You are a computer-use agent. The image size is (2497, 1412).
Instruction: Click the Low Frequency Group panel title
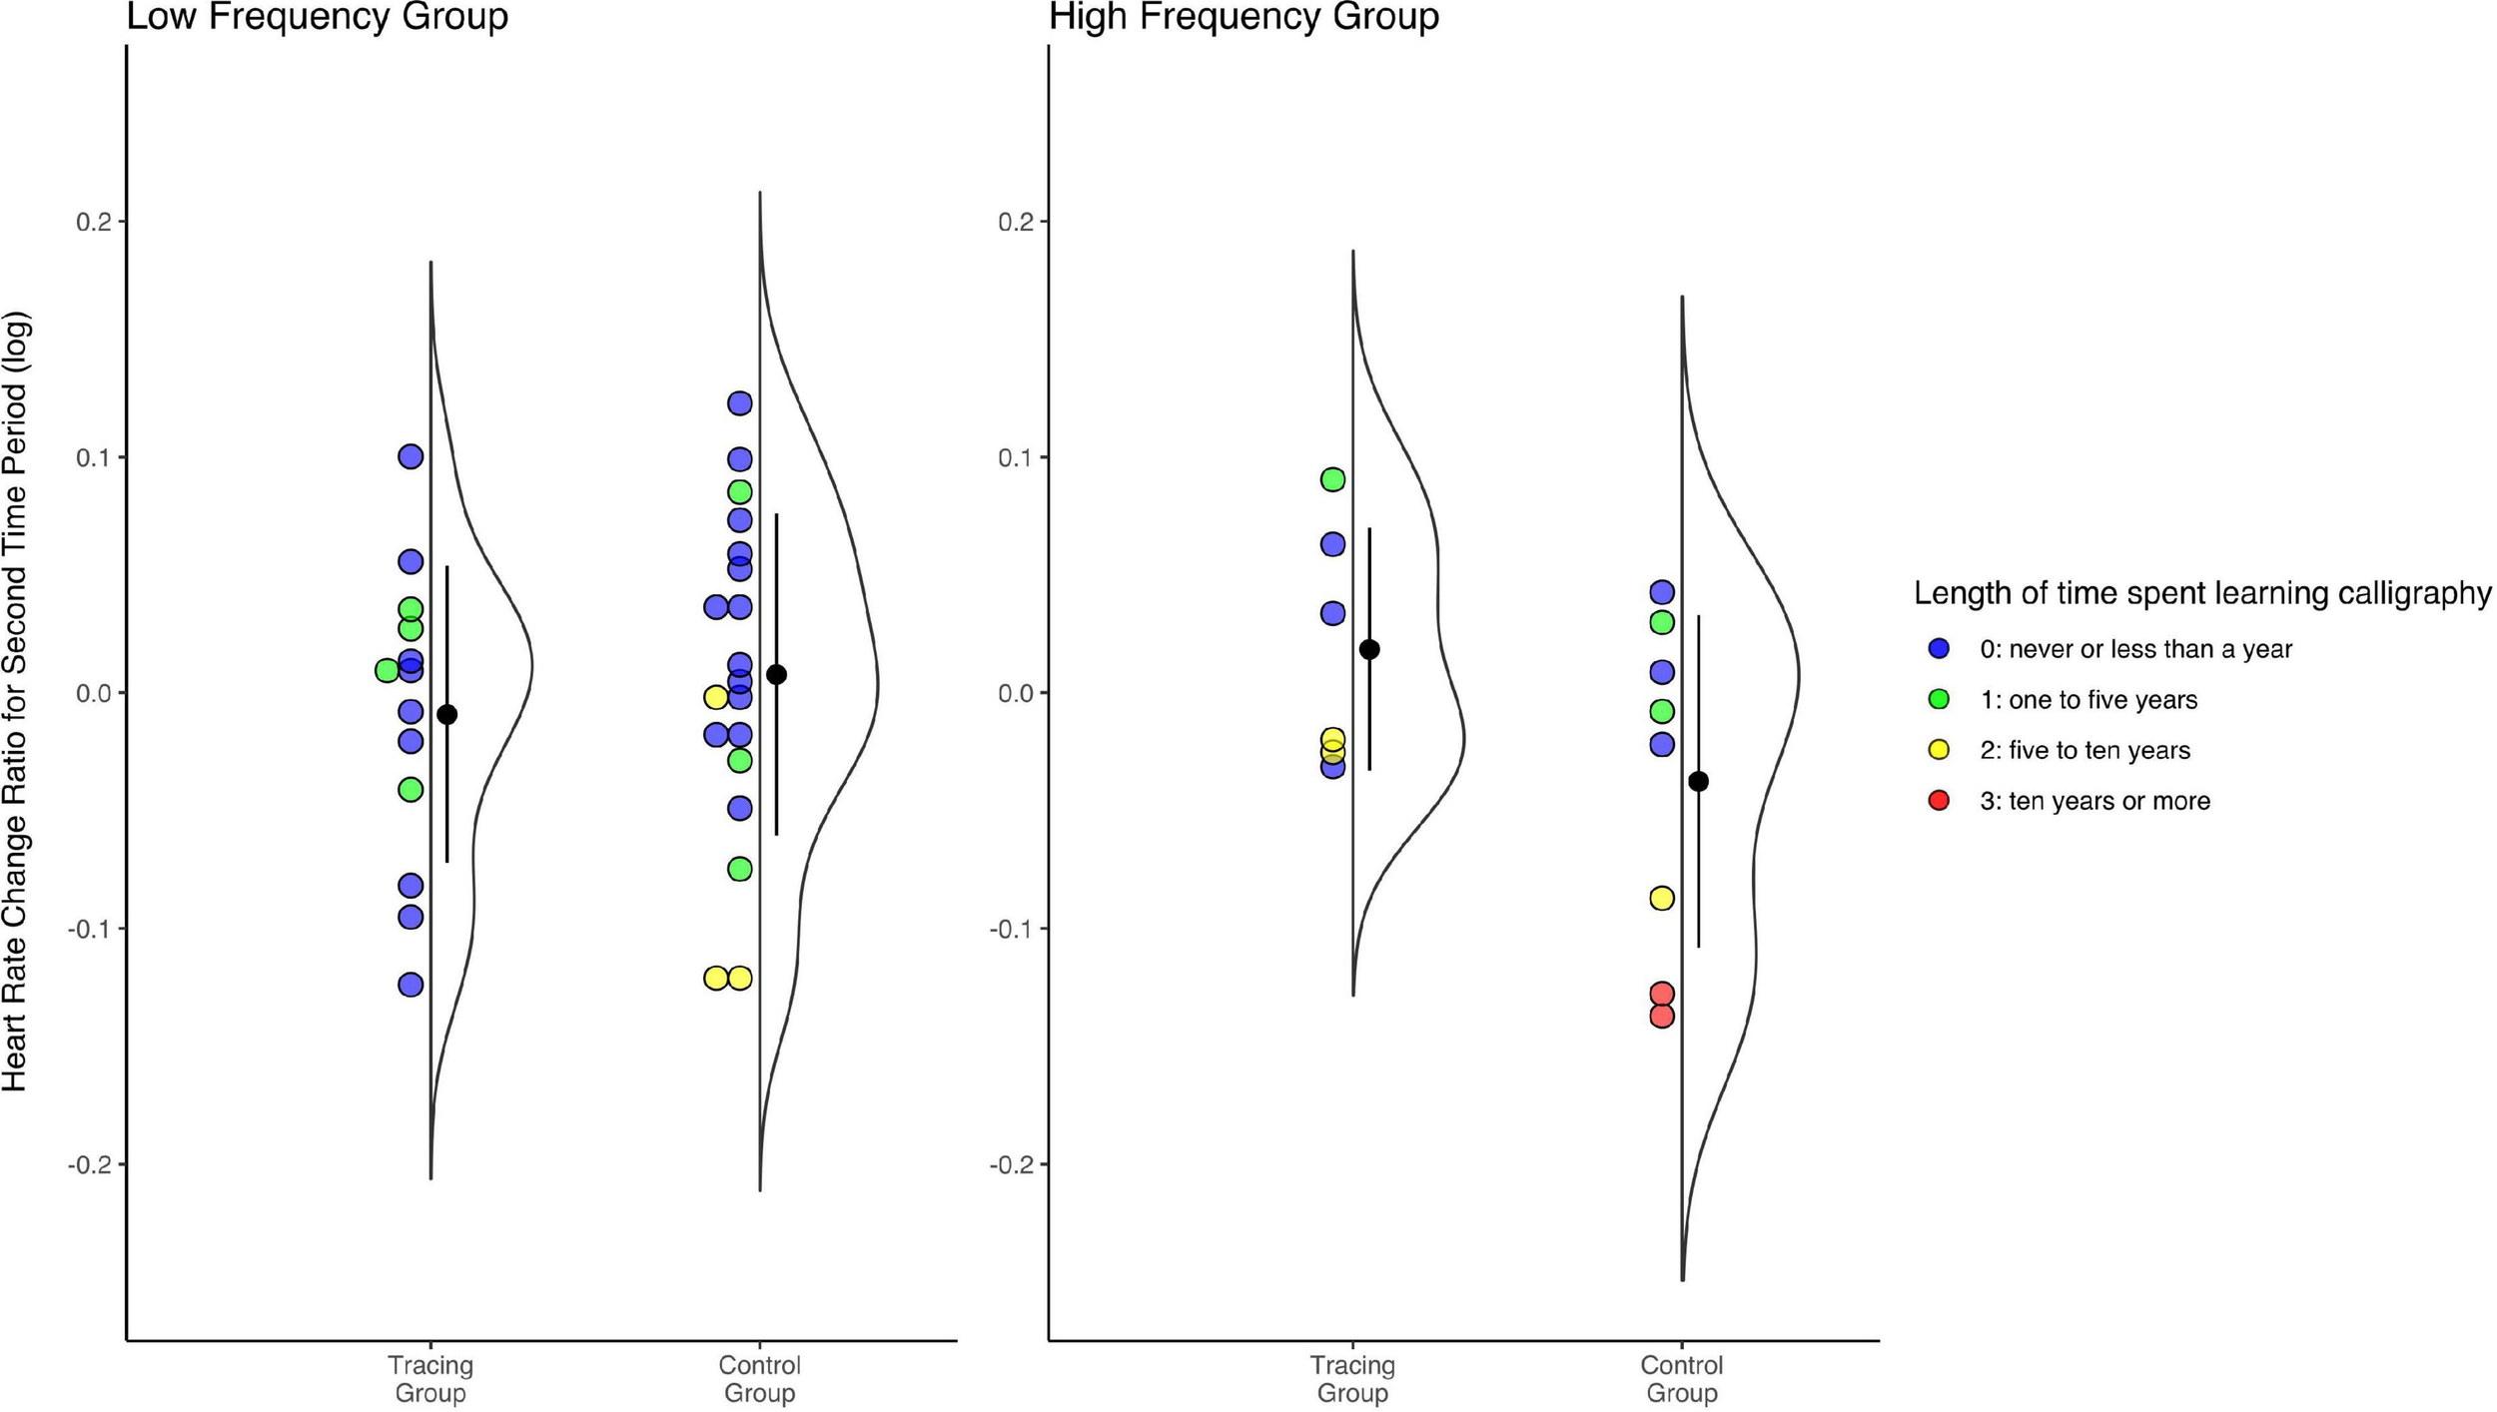coord(317,16)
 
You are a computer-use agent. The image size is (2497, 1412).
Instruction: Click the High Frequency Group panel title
coord(1244,16)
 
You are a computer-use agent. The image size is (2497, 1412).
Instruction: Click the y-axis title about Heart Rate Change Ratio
coord(16,702)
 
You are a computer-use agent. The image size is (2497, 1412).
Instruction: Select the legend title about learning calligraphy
coord(2201,593)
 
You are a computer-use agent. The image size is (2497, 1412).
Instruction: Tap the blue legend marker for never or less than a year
coord(1939,648)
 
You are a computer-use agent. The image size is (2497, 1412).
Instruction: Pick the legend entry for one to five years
coord(2087,700)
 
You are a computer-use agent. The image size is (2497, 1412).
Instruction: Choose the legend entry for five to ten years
coord(2083,750)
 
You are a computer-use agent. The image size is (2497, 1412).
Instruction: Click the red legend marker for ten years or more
coord(1939,800)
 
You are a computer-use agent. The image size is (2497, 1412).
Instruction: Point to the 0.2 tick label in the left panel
coord(93,221)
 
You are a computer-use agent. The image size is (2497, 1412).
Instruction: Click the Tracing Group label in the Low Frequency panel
coord(430,1378)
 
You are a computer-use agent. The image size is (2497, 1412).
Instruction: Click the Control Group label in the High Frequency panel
coord(1682,1378)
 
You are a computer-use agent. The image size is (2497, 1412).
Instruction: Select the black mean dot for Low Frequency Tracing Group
coord(447,714)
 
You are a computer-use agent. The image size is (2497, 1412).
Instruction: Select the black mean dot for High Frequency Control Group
coord(1698,781)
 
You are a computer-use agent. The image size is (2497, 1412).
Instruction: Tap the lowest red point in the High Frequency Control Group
coord(1662,1016)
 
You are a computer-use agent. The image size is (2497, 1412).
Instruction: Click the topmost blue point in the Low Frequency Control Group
coord(739,403)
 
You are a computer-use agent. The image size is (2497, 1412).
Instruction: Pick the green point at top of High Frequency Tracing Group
coord(1333,479)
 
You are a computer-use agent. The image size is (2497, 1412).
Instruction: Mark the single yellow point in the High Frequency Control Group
coord(1662,898)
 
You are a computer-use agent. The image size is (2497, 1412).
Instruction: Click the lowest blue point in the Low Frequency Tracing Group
coord(411,985)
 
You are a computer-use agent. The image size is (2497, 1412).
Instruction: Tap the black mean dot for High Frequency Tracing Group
coord(1369,649)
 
